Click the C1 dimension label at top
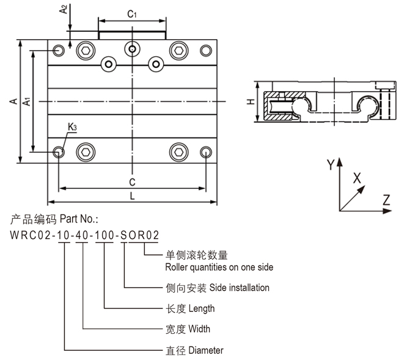tap(131, 12)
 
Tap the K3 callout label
tap(72, 127)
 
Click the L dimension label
tap(132, 196)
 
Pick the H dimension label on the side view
tap(250, 102)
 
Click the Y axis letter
tap(331, 164)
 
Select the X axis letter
tap(358, 178)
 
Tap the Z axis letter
tap(386, 199)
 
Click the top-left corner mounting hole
tap(59, 50)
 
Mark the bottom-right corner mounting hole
tap(206, 152)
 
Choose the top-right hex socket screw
tap(178, 50)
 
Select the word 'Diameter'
tap(206, 350)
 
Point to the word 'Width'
tap(199, 329)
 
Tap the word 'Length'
tap(202, 308)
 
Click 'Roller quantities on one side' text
tap(219, 267)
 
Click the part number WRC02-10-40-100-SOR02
tap(84, 234)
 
